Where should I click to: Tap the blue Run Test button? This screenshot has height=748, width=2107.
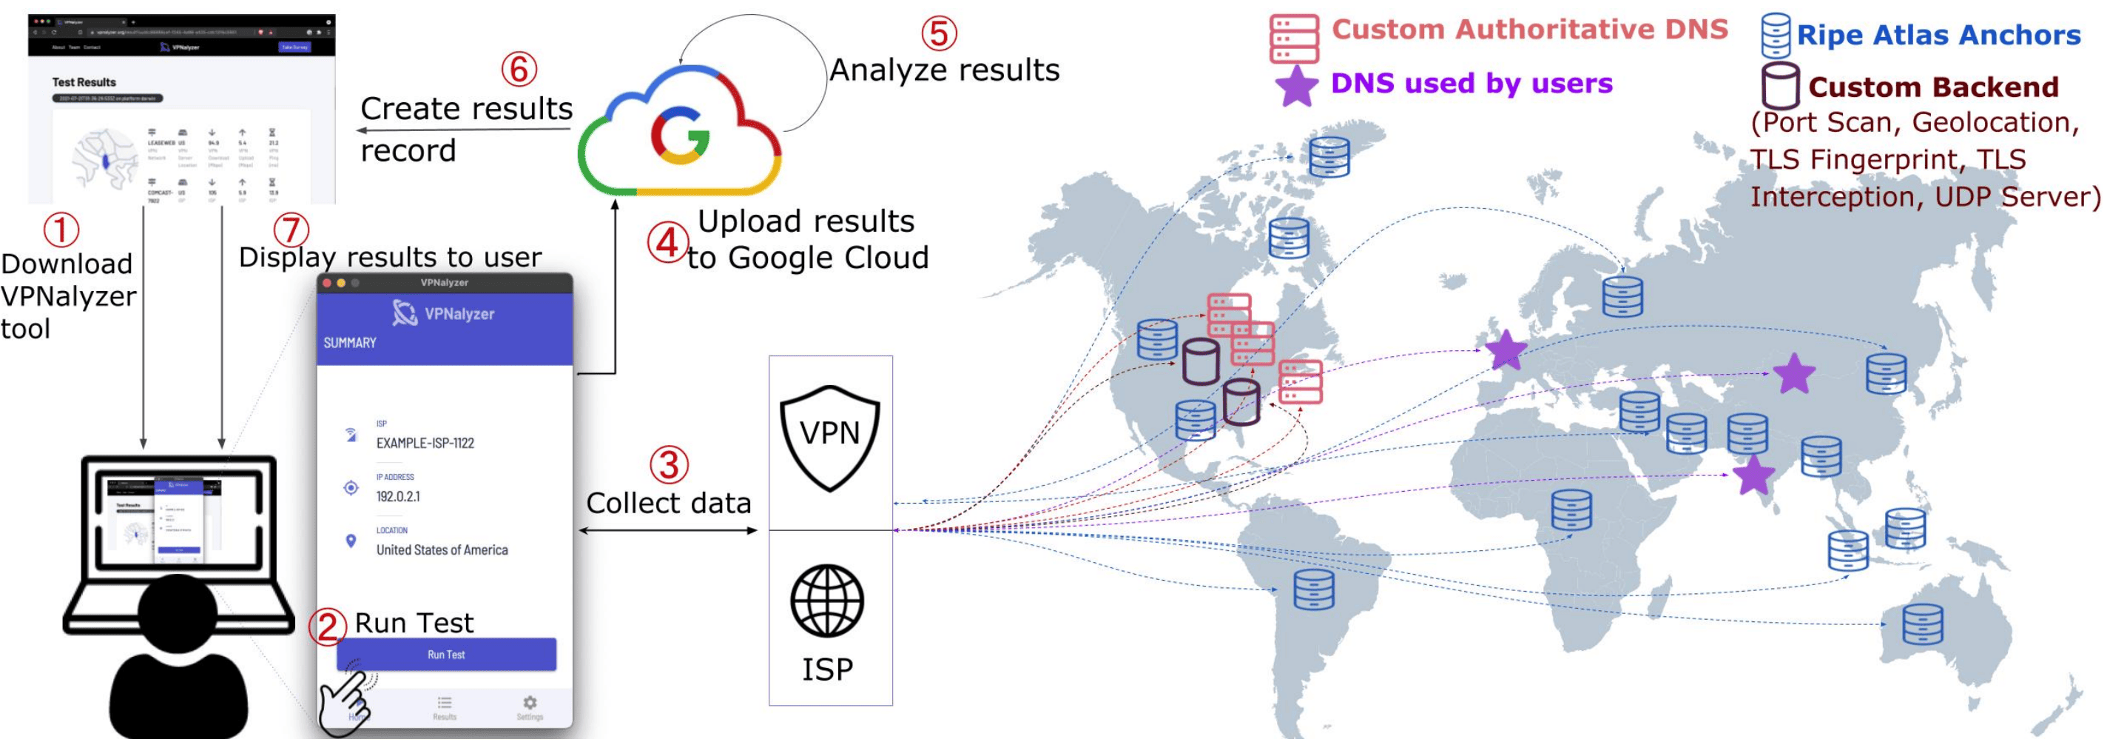(x=446, y=655)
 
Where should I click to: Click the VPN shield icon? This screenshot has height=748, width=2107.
(x=829, y=437)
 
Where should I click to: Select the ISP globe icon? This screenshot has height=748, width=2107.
(x=827, y=601)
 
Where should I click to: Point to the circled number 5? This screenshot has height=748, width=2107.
(x=938, y=33)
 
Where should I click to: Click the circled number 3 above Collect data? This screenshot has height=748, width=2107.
(x=668, y=464)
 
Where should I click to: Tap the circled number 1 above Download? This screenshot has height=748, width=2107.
(x=61, y=230)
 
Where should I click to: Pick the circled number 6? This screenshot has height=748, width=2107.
(x=519, y=69)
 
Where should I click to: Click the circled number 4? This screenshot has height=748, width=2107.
(x=667, y=243)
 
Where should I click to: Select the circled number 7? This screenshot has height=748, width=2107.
(x=291, y=230)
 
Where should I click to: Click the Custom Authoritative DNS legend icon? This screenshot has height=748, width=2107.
(x=1294, y=39)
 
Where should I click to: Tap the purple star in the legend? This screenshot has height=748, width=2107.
(x=1296, y=86)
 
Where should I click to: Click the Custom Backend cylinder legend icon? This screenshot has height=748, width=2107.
(x=1780, y=86)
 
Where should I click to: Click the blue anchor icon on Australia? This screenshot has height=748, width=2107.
(x=1922, y=624)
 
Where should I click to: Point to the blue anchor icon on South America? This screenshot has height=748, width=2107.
(x=1314, y=589)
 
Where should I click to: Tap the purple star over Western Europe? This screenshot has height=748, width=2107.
(x=1506, y=350)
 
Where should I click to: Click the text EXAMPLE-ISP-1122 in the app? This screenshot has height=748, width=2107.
(x=425, y=444)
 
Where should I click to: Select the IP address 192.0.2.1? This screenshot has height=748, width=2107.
(x=397, y=497)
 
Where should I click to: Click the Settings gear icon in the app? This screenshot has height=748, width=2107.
(x=530, y=703)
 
